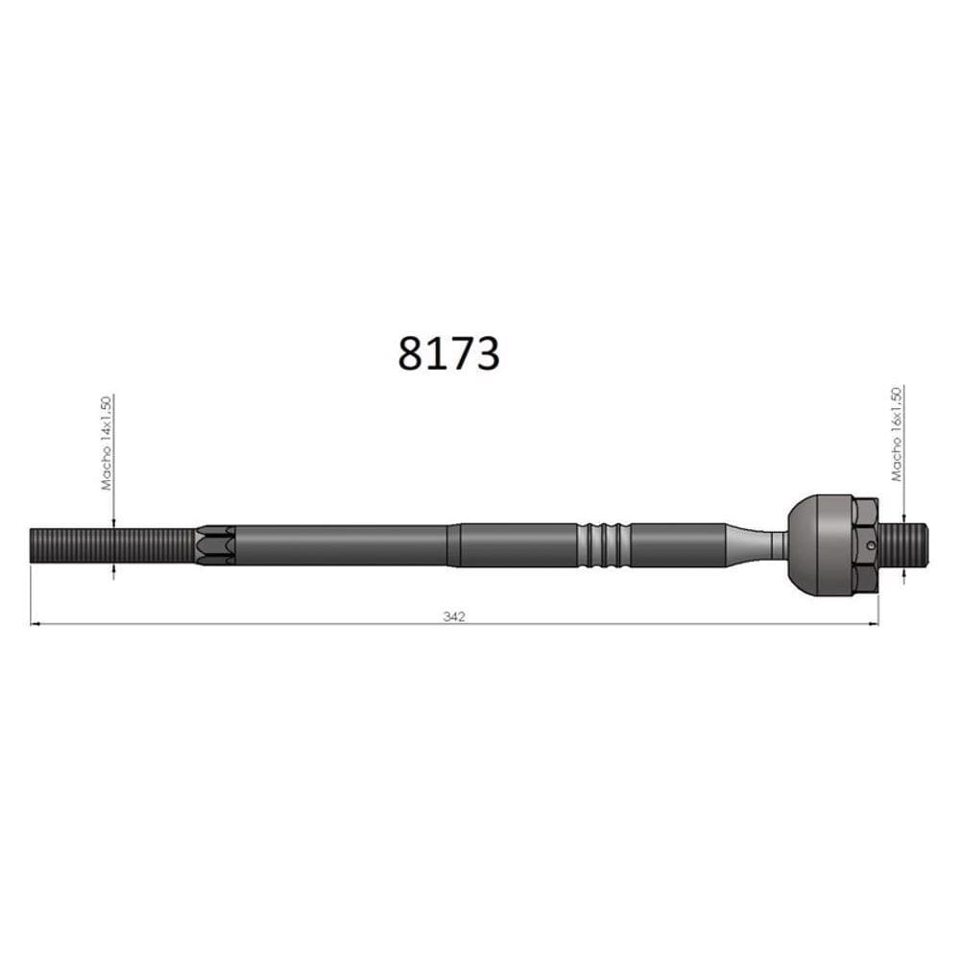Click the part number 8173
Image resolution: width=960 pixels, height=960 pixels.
(448, 353)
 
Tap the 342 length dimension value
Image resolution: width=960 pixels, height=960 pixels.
(454, 616)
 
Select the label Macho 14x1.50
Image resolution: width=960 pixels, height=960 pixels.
(108, 443)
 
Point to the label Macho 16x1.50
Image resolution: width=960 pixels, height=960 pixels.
(897, 433)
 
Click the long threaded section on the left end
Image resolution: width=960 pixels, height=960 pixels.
(111, 546)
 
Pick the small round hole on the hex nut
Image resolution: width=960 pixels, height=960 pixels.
(870, 547)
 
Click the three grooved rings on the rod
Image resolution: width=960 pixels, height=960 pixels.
(604, 545)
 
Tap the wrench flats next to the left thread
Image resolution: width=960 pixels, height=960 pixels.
(215, 545)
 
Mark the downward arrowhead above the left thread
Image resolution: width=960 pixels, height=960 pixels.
(113, 521)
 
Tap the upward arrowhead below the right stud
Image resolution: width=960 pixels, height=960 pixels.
(903, 574)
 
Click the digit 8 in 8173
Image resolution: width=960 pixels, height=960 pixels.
(410, 353)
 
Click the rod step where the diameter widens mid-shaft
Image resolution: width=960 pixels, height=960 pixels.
(453, 545)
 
